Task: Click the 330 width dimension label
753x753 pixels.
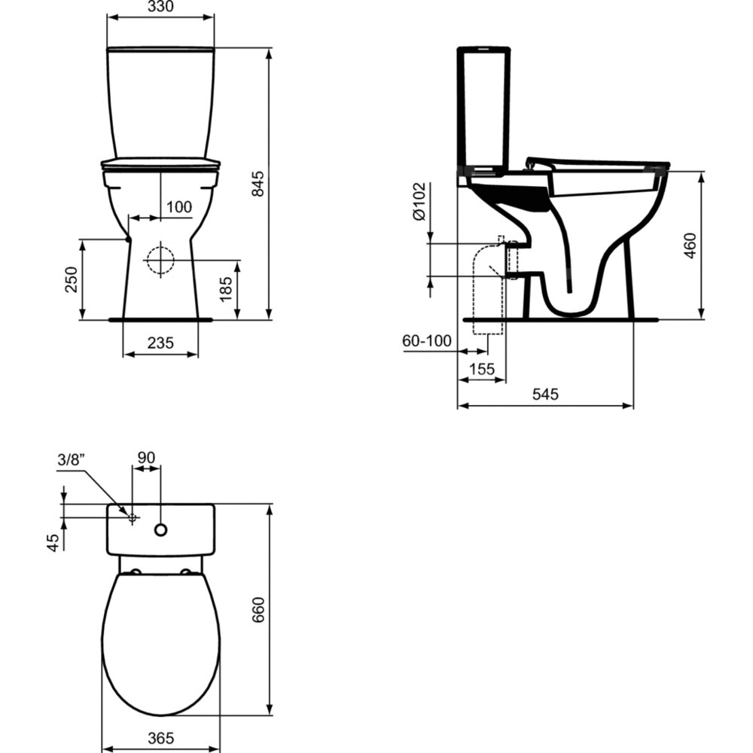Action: (161, 6)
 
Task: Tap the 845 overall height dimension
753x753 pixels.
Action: (258, 184)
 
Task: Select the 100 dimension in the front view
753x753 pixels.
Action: (179, 207)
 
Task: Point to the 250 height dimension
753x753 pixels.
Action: (71, 279)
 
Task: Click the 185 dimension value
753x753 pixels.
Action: (226, 288)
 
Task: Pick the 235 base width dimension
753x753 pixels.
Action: (160, 343)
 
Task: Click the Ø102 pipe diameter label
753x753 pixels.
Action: (419, 201)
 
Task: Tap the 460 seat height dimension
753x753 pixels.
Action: (690, 245)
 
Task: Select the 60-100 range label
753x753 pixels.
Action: (427, 340)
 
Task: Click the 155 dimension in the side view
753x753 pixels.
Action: (482, 369)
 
